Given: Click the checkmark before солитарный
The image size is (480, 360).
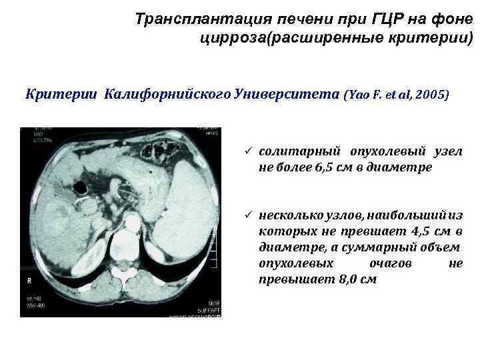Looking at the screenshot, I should click(x=247, y=152).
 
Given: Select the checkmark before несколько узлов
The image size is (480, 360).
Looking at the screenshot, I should click(x=247, y=215).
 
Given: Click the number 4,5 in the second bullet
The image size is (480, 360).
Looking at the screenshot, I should click(x=408, y=231).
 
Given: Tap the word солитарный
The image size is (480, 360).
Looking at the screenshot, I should click(x=301, y=152).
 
